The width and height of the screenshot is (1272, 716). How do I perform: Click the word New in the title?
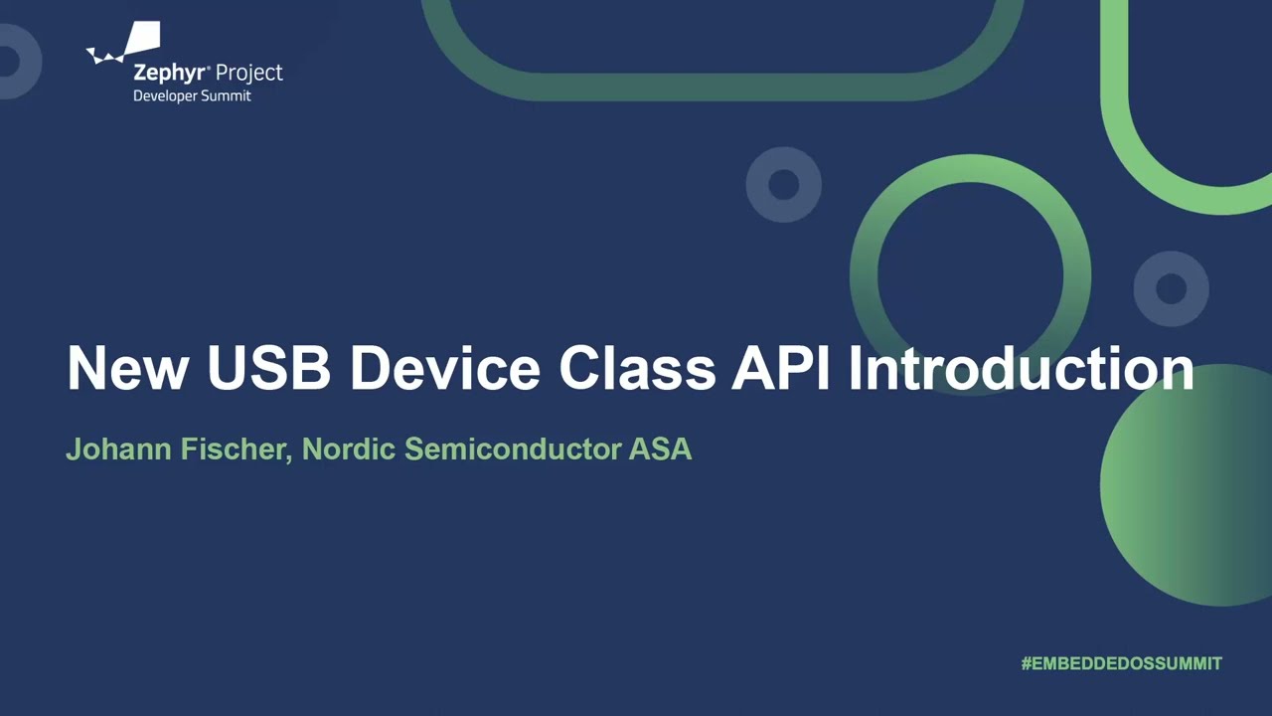click(127, 368)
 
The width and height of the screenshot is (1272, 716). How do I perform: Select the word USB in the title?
click(268, 368)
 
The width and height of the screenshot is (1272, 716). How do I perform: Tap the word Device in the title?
click(444, 368)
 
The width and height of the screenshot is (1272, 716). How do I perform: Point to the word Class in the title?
click(637, 368)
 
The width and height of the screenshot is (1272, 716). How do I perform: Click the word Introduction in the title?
click(1021, 368)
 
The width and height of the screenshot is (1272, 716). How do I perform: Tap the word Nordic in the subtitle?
click(349, 449)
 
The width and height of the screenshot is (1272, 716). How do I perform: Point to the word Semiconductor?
click(513, 449)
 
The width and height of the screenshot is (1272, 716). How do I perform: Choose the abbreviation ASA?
click(661, 449)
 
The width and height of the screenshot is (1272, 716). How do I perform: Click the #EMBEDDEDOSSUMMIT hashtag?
click(1121, 663)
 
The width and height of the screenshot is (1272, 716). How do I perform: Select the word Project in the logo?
click(249, 74)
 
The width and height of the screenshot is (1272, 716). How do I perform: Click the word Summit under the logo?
click(229, 96)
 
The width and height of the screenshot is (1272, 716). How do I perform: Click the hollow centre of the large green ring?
click(971, 274)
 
